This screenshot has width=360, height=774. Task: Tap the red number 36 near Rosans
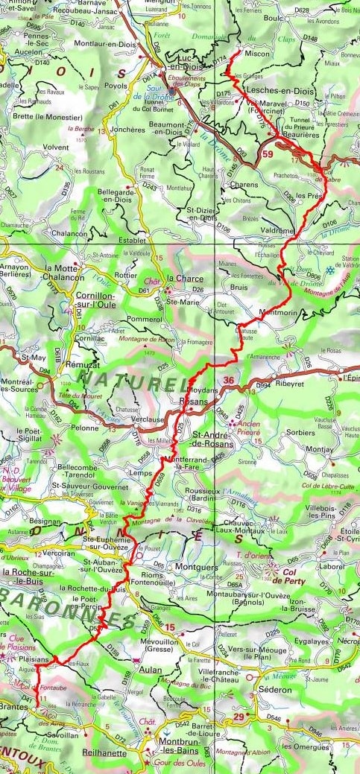(x=230, y=381)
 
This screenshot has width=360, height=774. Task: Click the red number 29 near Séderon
(x=239, y=717)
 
